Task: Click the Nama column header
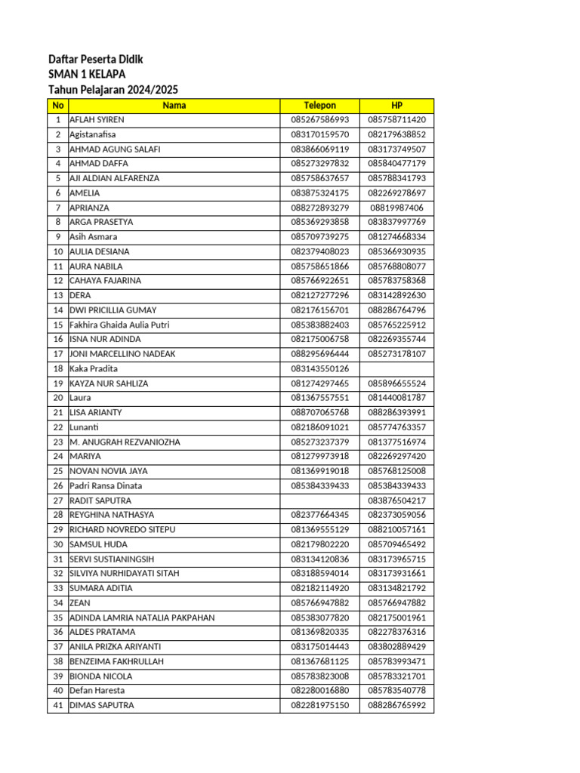point(174,106)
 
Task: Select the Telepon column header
point(319,106)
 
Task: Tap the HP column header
point(397,106)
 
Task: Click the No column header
point(57,106)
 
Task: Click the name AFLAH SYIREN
point(97,120)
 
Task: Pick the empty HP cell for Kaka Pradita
point(397,368)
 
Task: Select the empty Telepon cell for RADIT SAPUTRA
point(319,500)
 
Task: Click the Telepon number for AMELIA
point(319,193)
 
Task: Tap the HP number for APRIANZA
point(397,208)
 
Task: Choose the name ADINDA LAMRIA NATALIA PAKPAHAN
point(142,617)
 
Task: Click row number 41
point(57,705)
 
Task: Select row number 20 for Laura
point(57,398)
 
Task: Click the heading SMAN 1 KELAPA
point(87,74)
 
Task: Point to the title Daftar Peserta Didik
point(95,59)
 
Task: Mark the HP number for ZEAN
point(397,603)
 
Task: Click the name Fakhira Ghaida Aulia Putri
point(119,325)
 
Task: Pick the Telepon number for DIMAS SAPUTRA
point(319,705)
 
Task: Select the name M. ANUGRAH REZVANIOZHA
point(125,442)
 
